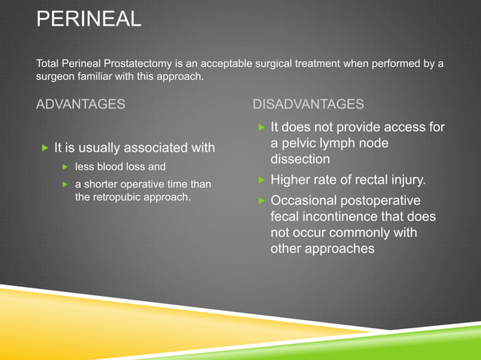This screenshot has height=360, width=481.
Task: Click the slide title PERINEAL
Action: (88, 18)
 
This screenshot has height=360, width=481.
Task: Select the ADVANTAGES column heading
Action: (81, 104)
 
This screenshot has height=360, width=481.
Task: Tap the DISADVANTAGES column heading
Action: (308, 104)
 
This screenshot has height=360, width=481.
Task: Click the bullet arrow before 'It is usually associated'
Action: (44, 146)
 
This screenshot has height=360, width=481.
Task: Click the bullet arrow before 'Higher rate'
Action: (260, 180)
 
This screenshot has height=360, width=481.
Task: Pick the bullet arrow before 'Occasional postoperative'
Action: (260, 201)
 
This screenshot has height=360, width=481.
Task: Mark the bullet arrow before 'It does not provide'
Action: (260, 127)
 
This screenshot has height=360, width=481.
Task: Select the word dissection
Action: (300, 160)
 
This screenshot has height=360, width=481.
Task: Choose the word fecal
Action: (286, 217)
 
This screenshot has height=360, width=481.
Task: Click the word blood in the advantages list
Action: (112, 166)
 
